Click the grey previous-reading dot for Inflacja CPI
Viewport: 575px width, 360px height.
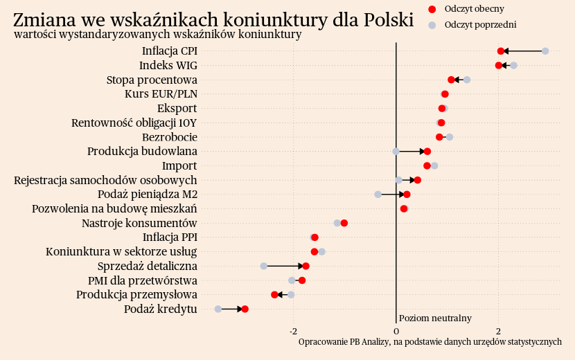click(545, 51)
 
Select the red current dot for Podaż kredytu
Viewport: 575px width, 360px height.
click(245, 309)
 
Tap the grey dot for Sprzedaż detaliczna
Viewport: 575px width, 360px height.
click(264, 266)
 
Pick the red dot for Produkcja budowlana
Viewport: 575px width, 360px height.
click(427, 152)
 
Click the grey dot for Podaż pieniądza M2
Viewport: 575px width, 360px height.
click(378, 195)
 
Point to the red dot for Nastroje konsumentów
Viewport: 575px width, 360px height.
click(344, 223)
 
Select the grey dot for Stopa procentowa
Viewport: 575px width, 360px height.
click(467, 80)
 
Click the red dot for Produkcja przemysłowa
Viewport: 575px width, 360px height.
click(274, 295)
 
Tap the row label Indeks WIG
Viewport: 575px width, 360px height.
click(168, 66)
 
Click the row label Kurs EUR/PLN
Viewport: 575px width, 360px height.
click(161, 94)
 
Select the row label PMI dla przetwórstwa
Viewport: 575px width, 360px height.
click(142, 280)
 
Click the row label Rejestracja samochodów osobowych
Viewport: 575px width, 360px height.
click(105, 180)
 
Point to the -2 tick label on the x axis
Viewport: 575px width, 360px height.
click(293, 331)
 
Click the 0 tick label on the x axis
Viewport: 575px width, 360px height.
click(396, 331)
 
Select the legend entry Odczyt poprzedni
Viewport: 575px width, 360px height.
click(480, 25)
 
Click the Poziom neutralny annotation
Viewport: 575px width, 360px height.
click(435, 318)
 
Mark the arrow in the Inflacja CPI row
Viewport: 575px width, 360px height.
click(523, 51)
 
